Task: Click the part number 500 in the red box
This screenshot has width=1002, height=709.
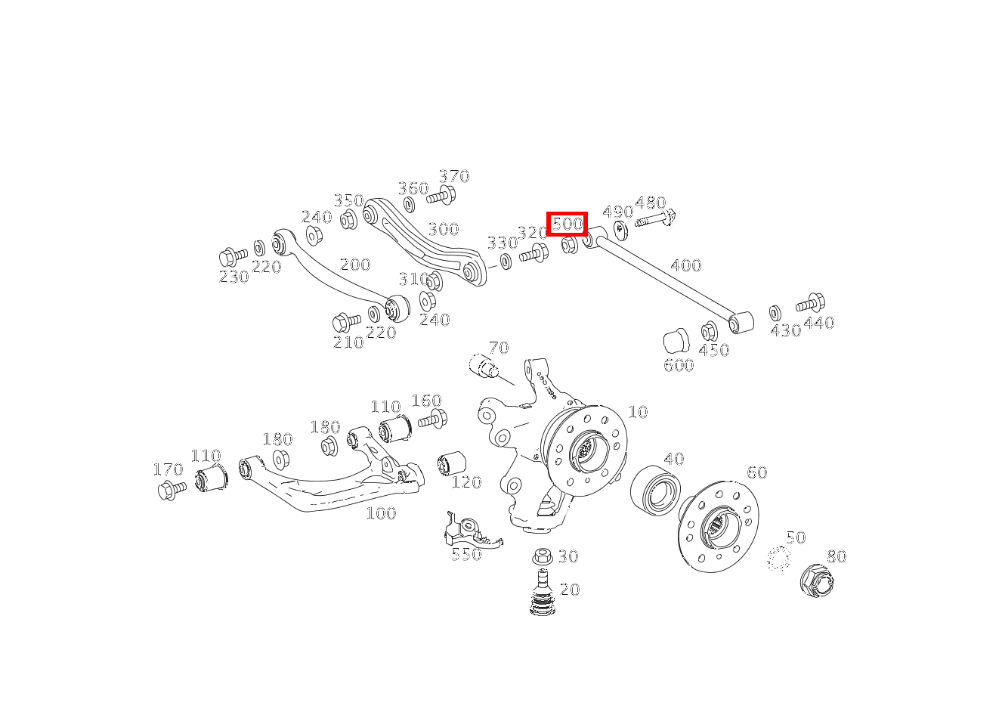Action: [567, 224]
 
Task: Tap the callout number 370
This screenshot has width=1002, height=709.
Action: [454, 176]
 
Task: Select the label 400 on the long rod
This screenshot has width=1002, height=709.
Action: [685, 265]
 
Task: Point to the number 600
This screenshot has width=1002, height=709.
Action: [679, 365]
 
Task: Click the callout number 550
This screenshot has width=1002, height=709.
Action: [466, 554]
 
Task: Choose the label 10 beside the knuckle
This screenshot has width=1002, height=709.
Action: [638, 412]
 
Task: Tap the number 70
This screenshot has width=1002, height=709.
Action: [498, 348]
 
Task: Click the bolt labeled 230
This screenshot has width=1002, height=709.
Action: [233, 257]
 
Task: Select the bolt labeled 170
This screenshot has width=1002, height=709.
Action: [172, 491]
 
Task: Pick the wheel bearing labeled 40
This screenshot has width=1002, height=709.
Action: [655, 489]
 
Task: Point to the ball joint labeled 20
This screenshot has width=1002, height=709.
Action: [541, 594]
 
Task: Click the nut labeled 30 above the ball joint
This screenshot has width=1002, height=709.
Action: [541, 556]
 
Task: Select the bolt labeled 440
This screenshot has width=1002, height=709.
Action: [810, 304]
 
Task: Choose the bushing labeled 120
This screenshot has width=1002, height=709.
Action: [452, 463]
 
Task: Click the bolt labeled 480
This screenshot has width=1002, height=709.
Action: [654, 221]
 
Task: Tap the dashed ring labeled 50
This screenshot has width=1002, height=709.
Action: [778, 559]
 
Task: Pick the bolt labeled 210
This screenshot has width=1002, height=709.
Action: [347, 322]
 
